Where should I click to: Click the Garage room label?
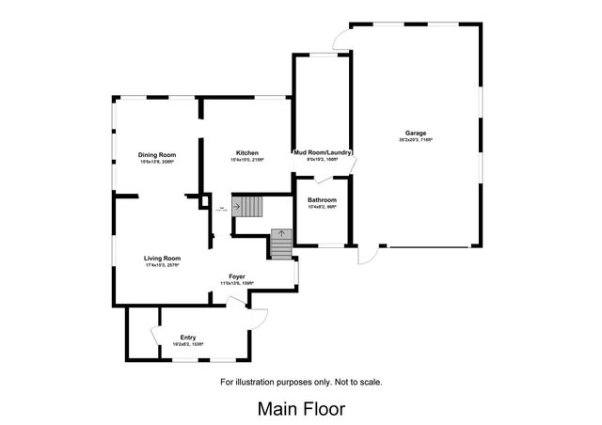[x=419, y=134]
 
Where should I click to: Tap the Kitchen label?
[x=247, y=153]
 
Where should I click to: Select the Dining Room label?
[x=157, y=154]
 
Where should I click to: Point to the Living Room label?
[x=162, y=258]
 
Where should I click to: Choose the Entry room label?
[x=188, y=337]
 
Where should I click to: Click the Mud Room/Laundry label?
[x=323, y=152]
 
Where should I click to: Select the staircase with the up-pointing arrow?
[x=281, y=244]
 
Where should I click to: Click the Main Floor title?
[x=301, y=409]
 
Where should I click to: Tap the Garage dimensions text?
[x=419, y=140]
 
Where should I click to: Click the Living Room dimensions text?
[x=162, y=265]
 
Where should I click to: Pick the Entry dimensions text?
[x=188, y=344]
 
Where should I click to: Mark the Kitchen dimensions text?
[x=247, y=160]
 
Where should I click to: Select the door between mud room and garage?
[x=351, y=165]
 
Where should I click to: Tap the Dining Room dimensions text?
[x=157, y=161]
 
